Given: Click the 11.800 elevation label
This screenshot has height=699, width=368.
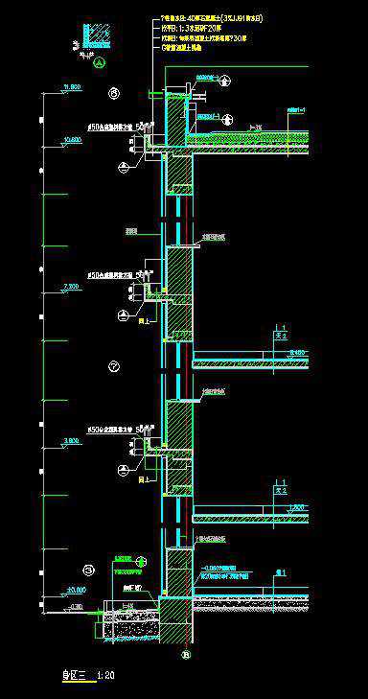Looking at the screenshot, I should click(x=71, y=87).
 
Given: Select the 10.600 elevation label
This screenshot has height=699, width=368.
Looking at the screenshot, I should click(x=71, y=139).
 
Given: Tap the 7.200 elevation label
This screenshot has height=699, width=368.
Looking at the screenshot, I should click(x=71, y=286).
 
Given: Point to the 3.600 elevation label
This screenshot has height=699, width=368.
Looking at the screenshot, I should click(x=71, y=440).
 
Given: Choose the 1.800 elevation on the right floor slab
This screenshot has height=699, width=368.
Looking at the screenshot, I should click(x=296, y=506).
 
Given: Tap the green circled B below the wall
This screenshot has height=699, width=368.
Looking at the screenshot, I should click(x=186, y=655).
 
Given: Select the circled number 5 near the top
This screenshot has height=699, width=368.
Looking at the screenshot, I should click(x=113, y=93).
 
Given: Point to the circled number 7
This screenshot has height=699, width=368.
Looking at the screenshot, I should click(x=113, y=366).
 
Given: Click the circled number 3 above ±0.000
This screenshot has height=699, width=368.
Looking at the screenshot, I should click(x=87, y=569).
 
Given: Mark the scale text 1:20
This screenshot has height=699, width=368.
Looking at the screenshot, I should click(x=107, y=675).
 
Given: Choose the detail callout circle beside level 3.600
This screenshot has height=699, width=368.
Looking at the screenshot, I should click(x=123, y=469).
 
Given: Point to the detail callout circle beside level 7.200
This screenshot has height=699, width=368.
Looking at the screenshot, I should click(x=123, y=314).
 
